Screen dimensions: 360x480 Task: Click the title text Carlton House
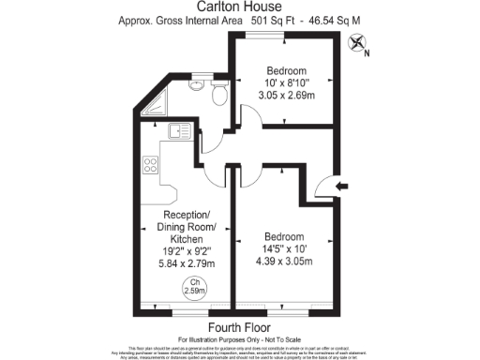coord(239,7)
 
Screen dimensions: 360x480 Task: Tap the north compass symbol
coord(357,42)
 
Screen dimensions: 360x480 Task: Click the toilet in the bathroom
coord(218,94)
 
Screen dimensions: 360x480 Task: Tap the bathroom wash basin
coord(195,85)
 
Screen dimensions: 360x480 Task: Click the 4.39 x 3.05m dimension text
coord(283,263)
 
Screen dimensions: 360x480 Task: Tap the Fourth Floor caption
coord(239,326)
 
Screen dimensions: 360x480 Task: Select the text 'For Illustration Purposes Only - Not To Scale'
coord(239,337)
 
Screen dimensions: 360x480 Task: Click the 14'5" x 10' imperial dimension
coord(283,249)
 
